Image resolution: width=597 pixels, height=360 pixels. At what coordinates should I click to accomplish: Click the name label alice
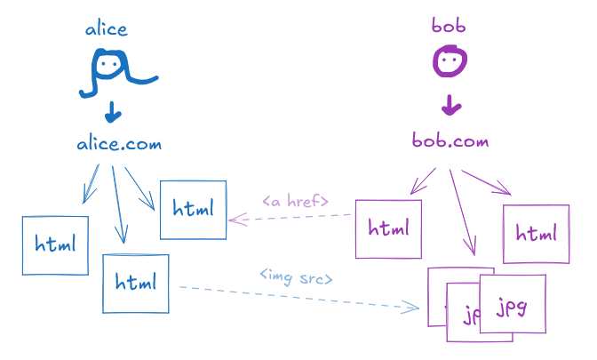pyautogui.click(x=107, y=29)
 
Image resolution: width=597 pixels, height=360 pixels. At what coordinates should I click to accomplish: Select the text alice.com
pyautogui.click(x=119, y=144)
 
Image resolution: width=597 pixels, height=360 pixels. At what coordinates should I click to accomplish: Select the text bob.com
pyautogui.click(x=450, y=140)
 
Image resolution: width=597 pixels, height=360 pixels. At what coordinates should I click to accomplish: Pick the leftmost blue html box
pyautogui.click(x=55, y=244)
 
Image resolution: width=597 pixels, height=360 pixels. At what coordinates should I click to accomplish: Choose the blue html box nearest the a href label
pyautogui.click(x=193, y=210)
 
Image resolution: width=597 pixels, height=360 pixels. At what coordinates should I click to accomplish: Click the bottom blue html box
pyautogui.click(x=135, y=284)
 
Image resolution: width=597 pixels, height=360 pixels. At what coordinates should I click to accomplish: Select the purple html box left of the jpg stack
pyautogui.click(x=388, y=228)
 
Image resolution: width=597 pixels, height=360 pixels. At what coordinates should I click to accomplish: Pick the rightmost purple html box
pyautogui.click(x=536, y=234)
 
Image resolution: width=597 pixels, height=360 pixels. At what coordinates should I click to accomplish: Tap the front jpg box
pyautogui.click(x=512, y=304)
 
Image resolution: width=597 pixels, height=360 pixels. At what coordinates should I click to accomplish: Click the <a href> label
pyautogui.click(x=296, y=201)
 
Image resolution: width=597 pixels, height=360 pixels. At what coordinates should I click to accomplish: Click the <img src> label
pyautogui.click(x=296, y=277)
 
